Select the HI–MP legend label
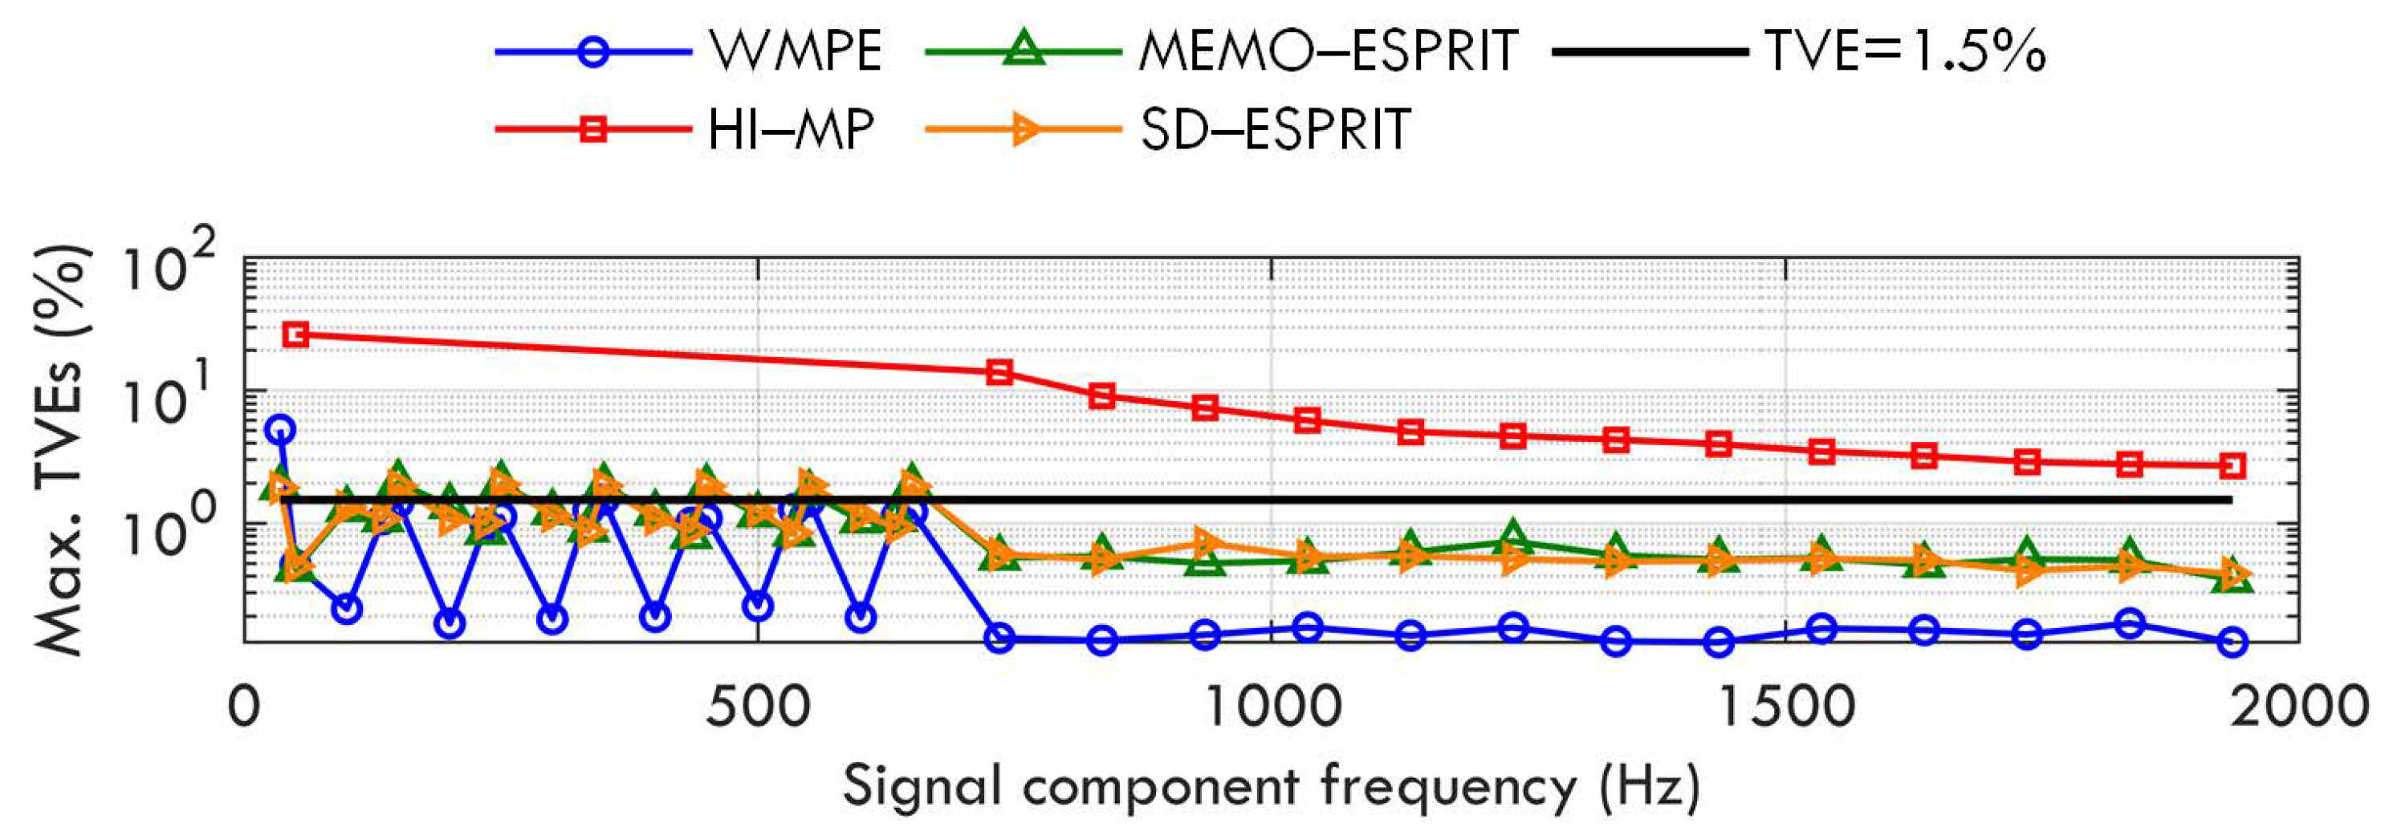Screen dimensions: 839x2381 pyautogui.click(x=790, y=129)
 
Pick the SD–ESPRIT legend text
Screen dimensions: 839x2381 pyautogui.click(x=1275, y=129)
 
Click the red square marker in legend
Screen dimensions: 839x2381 pyautogui.click(x=593, y=129)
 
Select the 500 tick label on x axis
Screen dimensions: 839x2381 pyautogui.click(x=758, y=707)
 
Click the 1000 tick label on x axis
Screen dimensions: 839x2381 pyautogui.click(x=1272, y=707)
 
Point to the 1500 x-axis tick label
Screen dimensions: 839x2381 pyautogui.click(x=1785, y=707)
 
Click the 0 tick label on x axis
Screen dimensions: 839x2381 pyautogui.click(x=244, y=707)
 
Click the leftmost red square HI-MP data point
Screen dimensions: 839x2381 pyautogui.click(x=295, y=334)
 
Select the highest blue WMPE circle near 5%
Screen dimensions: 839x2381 pyautogui.click(x=280, y=429)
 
